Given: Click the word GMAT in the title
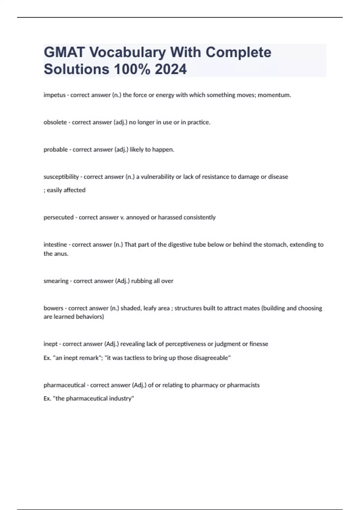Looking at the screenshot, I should pyautogui.click(x=64, y=52).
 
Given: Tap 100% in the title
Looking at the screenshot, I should pyautogui.click(x=132, y=69).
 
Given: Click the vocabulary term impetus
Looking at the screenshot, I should pyautogui.click(x=54, y=95).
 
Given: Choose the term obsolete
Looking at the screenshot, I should pyautogui.click(x=55, y=122).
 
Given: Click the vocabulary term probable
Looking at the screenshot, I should pyautogui.click(x=55, y=150).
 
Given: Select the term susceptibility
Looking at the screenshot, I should pyautogui.click(x=61, y=177).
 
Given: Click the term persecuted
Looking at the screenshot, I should pyautogui.click(x=58, y=217).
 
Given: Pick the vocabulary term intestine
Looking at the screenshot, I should pyautogui.click(x=55, y=244).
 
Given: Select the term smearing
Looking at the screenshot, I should pyautogui.click(x=56, y=281).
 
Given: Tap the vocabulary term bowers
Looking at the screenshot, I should pyautogui.click(x=53, y=308).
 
